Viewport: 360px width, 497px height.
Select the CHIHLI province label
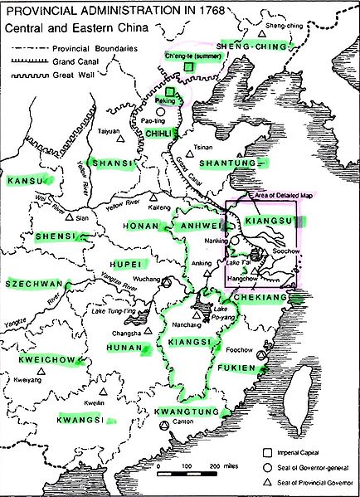[158, 132]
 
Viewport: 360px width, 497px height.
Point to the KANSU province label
[24, 180]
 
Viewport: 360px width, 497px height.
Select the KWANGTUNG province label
[187, 411]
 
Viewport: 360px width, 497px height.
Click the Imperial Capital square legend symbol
[268, 453]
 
